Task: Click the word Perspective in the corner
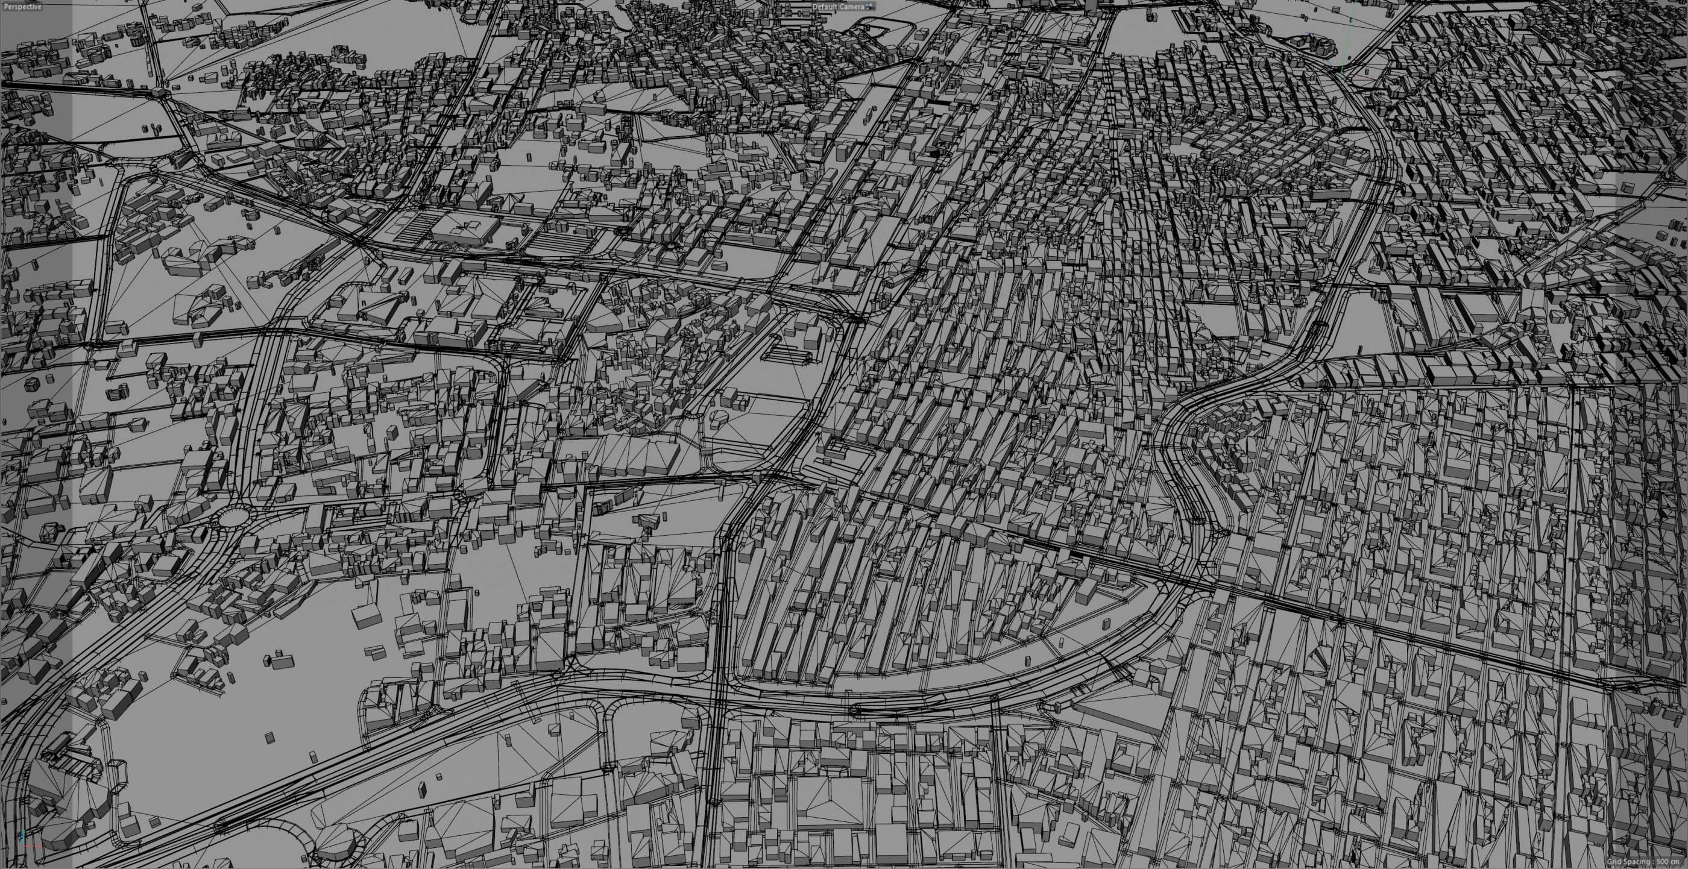click(22, 7)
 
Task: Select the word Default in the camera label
click(824, 7)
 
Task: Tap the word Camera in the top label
click(852, 7)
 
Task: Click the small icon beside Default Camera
click(870, 7)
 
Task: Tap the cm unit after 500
click(1680, 862)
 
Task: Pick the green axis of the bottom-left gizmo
click(24, 836)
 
